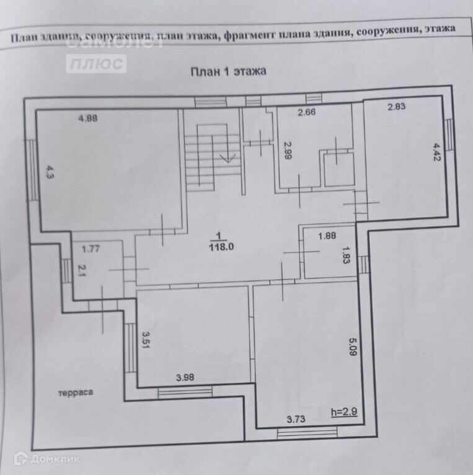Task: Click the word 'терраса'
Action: click(76, 393)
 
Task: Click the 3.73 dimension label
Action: click(296, 419)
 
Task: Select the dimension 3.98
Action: click(186, 377)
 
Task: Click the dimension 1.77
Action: click(91, 249)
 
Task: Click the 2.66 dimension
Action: click(307, 112)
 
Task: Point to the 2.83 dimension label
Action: click(396, 107)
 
